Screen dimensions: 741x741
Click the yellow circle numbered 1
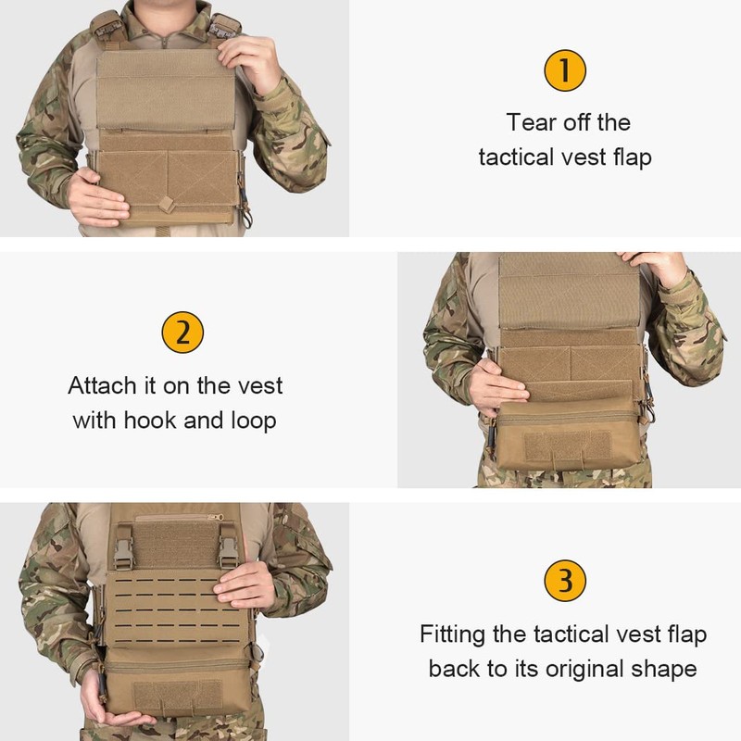point(565,71)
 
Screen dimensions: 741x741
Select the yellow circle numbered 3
point(565,581)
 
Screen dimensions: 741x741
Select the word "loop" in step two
point(253,421)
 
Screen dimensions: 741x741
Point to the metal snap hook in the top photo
point(246,211)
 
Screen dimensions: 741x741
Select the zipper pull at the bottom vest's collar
point(216,516)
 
